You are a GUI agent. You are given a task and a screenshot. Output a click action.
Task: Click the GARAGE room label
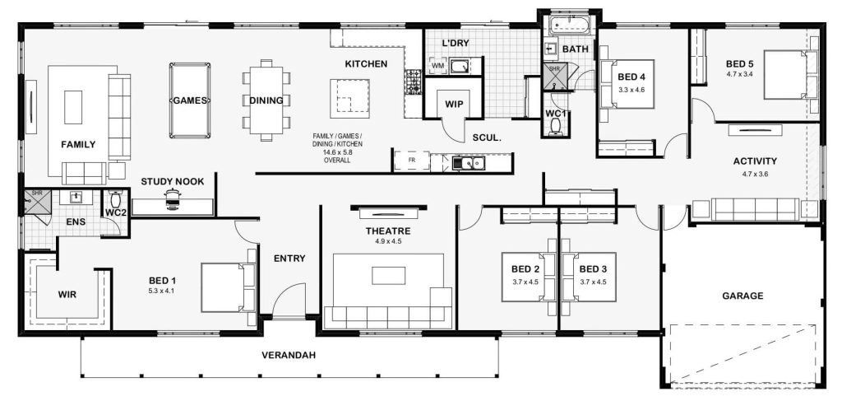(x=743, y=296)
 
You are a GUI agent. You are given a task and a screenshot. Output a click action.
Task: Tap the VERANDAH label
(x=289, y=355)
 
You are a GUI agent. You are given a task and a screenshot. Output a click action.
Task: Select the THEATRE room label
(x=388, y=231)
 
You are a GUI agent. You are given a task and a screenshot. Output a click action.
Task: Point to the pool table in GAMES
(x=190, y=100)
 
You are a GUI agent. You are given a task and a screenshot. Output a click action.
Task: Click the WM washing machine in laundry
(x=437, y=66)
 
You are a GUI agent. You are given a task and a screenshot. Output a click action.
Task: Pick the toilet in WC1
(x=556, y=126)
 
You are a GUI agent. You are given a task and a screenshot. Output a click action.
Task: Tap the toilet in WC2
(x=115, y=198)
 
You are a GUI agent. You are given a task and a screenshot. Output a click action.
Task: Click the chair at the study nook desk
(x=172, y=198)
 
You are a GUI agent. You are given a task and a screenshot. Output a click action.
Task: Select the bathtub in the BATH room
(x=569, y=24)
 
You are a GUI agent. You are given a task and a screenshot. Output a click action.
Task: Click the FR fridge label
(x=412, y=161)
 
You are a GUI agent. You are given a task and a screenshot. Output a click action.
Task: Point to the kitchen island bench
(x=349, y=98)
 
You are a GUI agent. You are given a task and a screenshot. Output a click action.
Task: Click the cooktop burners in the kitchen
(x=414, y=82)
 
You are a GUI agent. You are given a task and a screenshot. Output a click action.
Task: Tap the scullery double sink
(x=468, y=162)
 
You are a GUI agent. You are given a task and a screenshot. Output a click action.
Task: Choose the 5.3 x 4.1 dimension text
(x=162, y=291)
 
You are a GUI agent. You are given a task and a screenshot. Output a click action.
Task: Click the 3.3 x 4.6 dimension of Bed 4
(x=631, y=89)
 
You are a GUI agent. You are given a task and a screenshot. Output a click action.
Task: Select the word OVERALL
(x=337, y=161)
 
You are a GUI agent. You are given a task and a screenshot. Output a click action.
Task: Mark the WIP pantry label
(x=454, y=104)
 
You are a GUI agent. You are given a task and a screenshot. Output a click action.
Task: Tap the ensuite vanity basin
(x=76, y=198)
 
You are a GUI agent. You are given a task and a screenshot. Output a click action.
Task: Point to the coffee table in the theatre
(x=388, y=276)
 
